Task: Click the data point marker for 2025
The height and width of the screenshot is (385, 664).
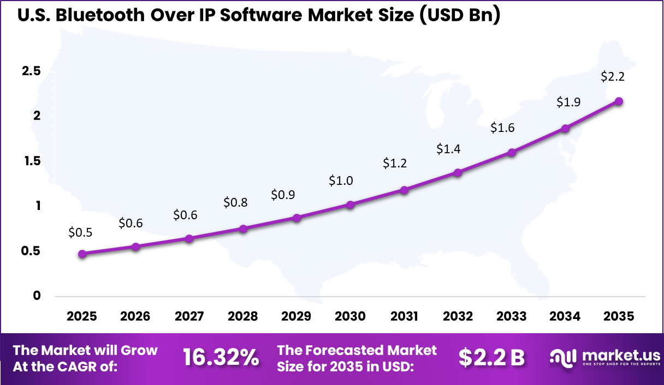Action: (x=82, y=254)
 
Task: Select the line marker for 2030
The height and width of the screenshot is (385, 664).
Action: (x=350, y=205)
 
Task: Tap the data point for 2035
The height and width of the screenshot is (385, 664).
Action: (x=619, y=101)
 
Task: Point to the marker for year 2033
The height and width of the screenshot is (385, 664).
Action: (x=512, y=153)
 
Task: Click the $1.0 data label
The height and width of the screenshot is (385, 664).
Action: (x=341, y=181)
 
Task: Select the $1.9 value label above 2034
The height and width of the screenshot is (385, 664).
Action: (x=568, y=101)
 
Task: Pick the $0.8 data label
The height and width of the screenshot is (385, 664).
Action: (x=235, y=203)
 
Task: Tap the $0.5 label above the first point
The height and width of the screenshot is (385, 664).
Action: (x=80, y=232)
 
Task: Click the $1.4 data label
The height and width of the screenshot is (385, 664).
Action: (x=448, y=149)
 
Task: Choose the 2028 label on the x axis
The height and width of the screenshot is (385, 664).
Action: (x=242, y=317)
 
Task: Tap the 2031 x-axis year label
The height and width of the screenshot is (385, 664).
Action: (x=404, y=317)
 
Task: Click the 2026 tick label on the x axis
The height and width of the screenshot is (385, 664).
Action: (x=135, y=317)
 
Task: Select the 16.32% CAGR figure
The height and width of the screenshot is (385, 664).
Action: (x=221, y=357)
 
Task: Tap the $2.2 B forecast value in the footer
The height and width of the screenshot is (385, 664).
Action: (x=491, y=357)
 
